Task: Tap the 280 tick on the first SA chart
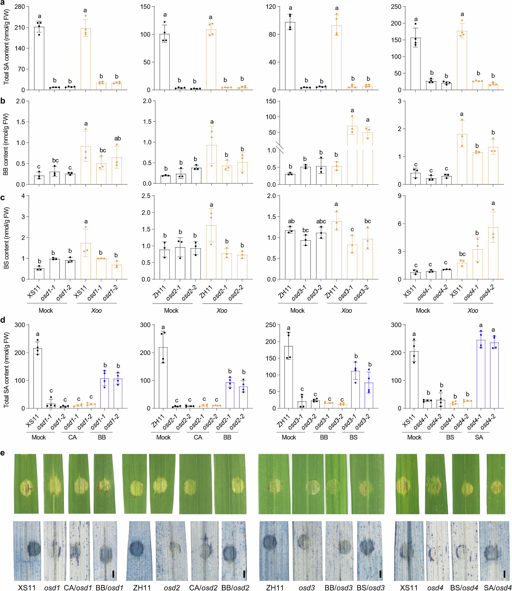pos(20,7)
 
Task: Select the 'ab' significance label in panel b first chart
pos(117,138)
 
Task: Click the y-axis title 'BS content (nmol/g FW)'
pos(6,238)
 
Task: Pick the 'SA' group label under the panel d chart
pos(479,437)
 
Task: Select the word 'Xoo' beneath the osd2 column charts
pos(222,311)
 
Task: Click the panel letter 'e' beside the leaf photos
pos(3,453)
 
